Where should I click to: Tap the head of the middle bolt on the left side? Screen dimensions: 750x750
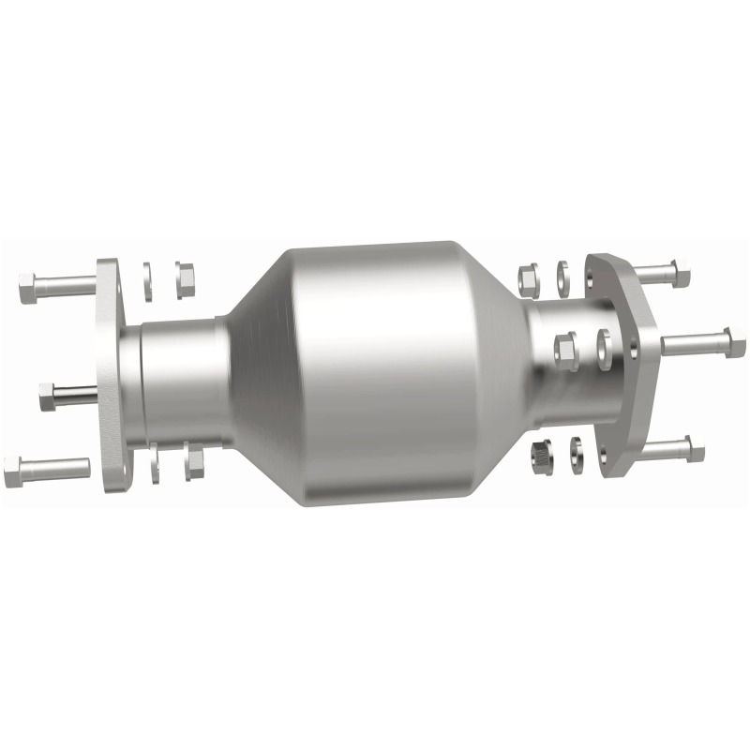pos(47,397)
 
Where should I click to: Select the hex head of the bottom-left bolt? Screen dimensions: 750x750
pos(13,470)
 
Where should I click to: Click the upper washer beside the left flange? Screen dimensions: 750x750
pos(148,280)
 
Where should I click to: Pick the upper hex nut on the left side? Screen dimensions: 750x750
pos(184,276)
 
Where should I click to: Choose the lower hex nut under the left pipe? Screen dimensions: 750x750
pos(194,461)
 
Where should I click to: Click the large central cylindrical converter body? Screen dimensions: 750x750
pos(375,375)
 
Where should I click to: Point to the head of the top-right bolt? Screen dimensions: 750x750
pos(682,275)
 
